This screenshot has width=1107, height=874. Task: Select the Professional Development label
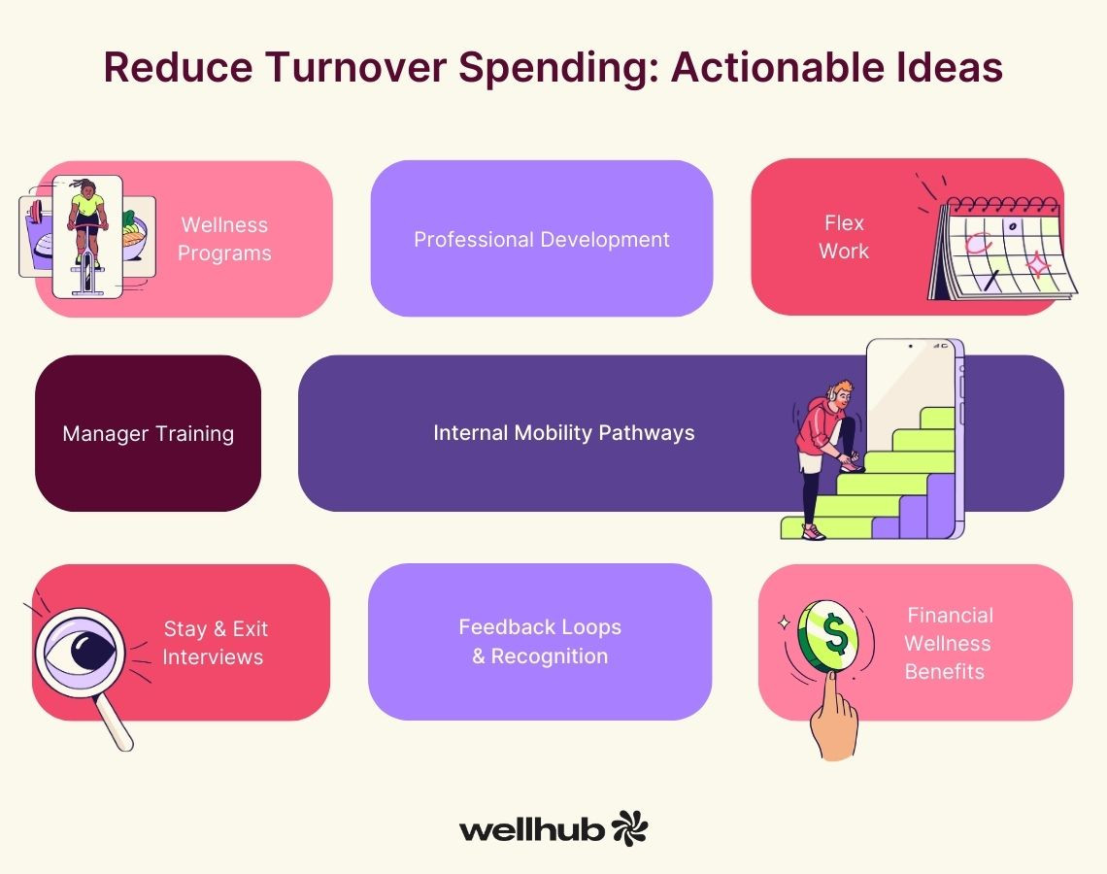[x=542, y=240]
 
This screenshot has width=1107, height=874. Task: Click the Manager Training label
[x=149, y=433]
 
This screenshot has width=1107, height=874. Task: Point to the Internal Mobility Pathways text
[x=564, y=433]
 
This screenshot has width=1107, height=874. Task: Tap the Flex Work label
[x=844, y=237]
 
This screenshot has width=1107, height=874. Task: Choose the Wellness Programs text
[x=224, y=239]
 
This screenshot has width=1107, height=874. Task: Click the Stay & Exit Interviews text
[x=214, y=643]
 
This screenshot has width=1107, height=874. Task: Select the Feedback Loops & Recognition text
[x=540, y=641]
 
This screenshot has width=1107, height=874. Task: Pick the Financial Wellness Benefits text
[x=948, y=643]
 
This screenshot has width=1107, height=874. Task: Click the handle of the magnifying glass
[x=114, y=723]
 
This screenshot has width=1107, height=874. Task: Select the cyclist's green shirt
[x=87, y=205]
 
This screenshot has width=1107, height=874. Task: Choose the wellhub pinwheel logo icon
[x=629, y=828]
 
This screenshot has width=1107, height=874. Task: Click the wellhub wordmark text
[x=531, y=829]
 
